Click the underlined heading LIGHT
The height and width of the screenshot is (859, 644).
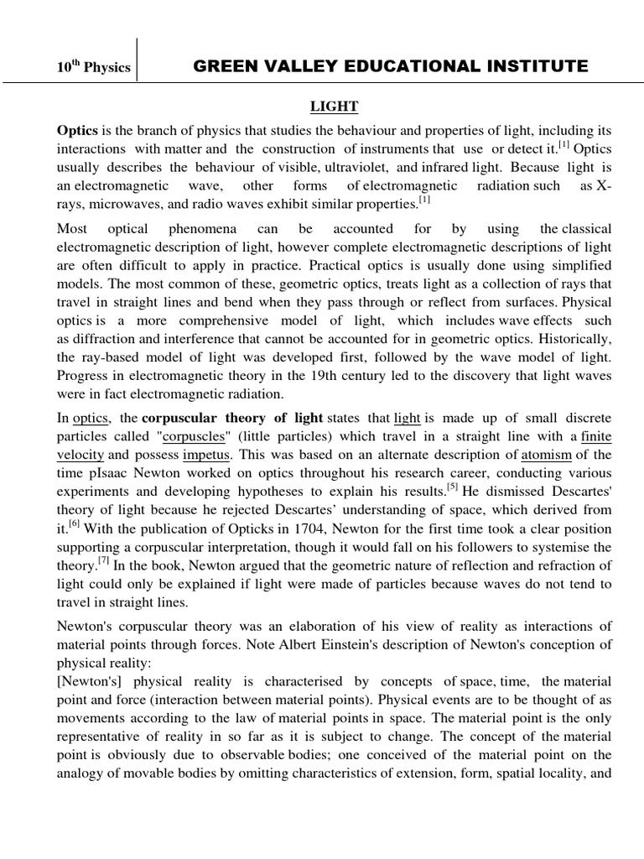coord(335,107)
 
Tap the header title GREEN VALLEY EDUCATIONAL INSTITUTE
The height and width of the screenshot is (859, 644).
coord(391,66)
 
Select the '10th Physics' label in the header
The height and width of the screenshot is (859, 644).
coord(94,67)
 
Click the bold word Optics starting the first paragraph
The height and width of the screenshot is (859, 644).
coord(77,130)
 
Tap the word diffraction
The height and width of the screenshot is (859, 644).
coord(101,339)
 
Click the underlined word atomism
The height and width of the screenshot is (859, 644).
coord(546,455)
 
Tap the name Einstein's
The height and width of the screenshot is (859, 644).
coord(360,644)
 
